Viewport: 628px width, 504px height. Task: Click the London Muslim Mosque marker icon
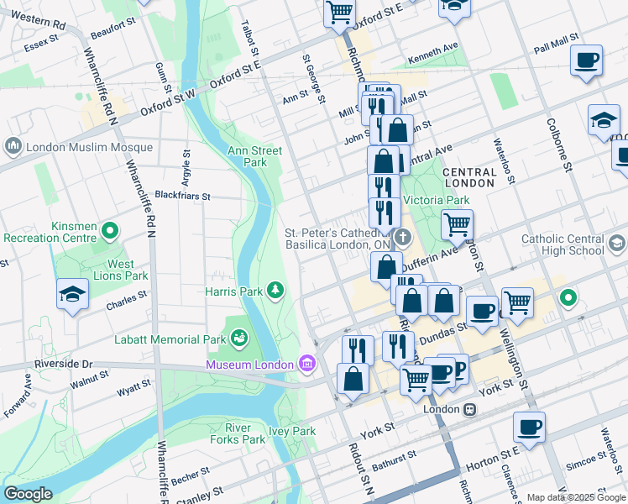pos(13,147)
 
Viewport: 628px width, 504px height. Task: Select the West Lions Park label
pos(120,270)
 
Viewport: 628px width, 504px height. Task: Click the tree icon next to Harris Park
pos(275,291)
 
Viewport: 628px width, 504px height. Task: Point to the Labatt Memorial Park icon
pos(239,339)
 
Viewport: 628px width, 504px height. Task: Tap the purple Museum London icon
pos(306,364)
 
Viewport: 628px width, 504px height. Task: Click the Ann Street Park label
pos(254,156)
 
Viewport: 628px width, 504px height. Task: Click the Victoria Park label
pos(437,201)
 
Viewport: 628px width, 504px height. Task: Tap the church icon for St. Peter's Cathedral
pos(402,238)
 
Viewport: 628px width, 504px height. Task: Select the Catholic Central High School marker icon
pos(617,244)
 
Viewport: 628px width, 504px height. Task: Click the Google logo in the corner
pos(28,495)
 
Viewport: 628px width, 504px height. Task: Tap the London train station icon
pos(470,409)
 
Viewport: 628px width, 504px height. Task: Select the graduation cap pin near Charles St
pos(72,295)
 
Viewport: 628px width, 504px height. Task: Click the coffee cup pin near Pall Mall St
pos(586,60)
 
